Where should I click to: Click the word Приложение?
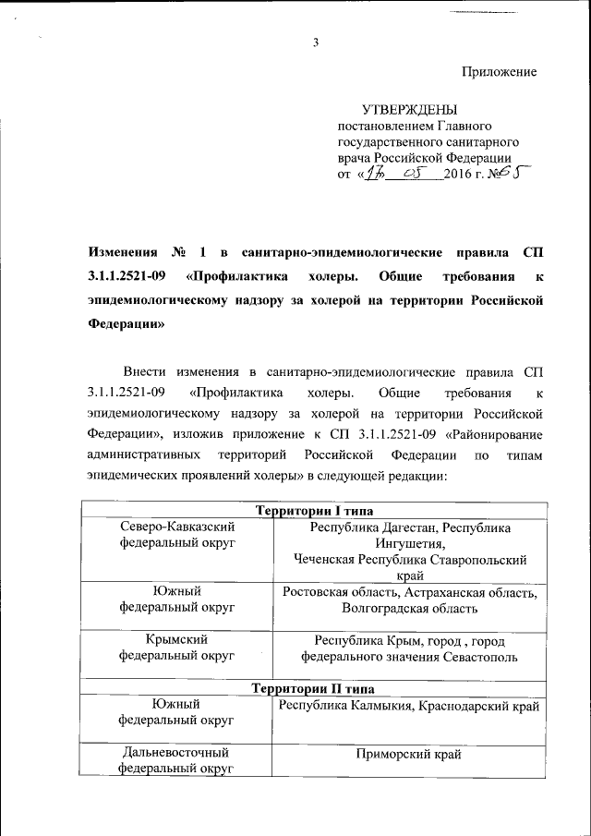(499, 71)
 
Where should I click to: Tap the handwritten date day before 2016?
(371, 173)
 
